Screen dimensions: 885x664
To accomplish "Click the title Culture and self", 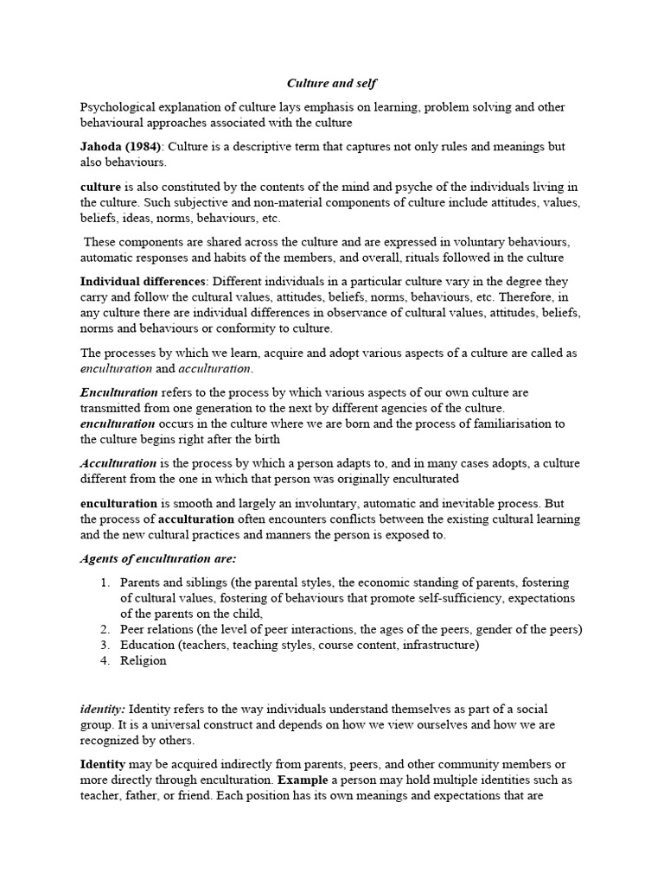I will [x=332, y=84].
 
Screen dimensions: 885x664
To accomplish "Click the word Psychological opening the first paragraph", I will [x=121, y=107].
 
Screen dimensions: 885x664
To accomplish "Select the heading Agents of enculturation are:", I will [x=158, y=558].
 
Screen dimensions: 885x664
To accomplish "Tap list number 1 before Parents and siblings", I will [x=105, y=583].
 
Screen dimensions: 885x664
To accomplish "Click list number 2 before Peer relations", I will [x=105, y=629].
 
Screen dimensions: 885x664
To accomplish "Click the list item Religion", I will [x=143, y=660].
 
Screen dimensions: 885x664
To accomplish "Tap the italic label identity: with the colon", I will [x=103, y=709].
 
